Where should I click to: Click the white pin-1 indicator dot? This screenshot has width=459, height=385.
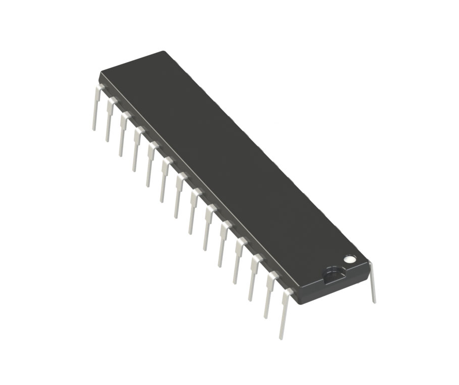coord(349,259)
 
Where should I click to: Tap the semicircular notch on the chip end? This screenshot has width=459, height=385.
coord(333,274)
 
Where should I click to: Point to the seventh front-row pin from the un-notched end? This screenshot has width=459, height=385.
coord(178,197)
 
